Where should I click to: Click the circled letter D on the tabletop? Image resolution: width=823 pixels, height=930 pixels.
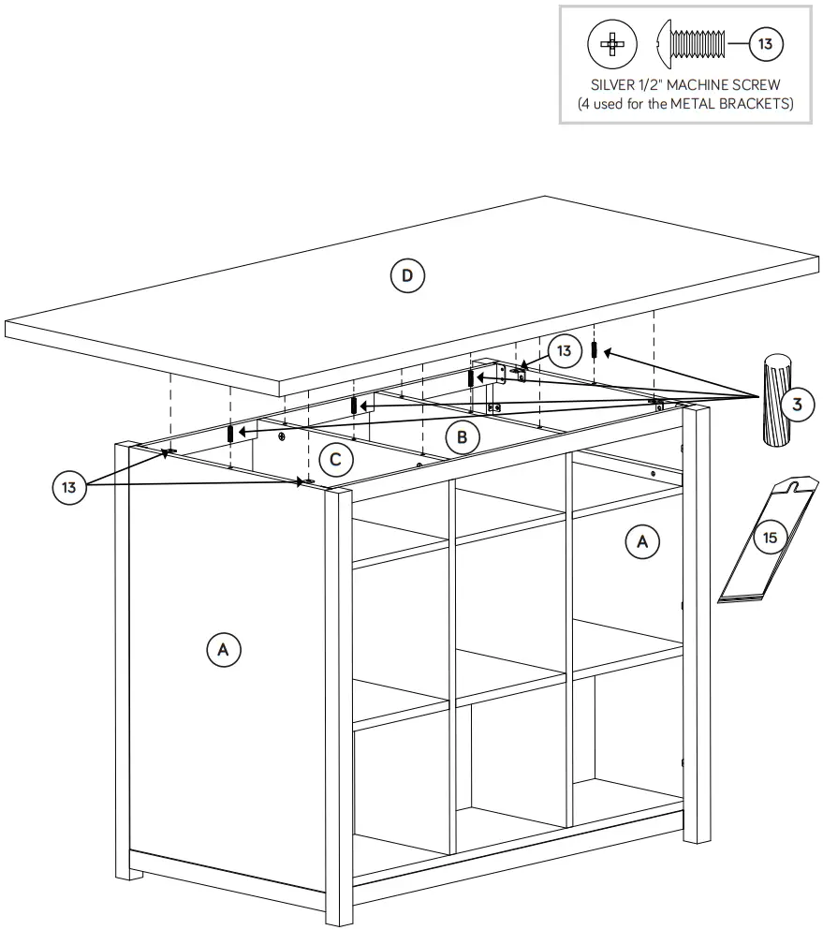tap(406, 275)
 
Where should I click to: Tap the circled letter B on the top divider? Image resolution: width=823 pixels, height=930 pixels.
tap(463, 436)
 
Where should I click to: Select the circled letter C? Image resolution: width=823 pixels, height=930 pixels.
tap(335, 460)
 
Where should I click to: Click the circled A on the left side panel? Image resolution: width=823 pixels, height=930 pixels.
tap(223, 649)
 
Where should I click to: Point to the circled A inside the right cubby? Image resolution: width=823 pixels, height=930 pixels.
tap(642, 541)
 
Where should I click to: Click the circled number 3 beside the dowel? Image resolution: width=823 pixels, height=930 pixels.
tap(797, 405)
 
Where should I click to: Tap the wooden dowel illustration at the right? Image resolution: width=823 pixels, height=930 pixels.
tap(776, 401)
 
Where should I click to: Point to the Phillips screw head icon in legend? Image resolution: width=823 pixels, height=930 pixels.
tap(611, 43)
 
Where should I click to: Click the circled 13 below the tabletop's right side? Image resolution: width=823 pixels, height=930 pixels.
tap(563, 351)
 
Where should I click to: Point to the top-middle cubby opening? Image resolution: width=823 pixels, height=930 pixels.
tap(510, 510)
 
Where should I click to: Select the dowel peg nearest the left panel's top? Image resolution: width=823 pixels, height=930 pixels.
tap(230, 433)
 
